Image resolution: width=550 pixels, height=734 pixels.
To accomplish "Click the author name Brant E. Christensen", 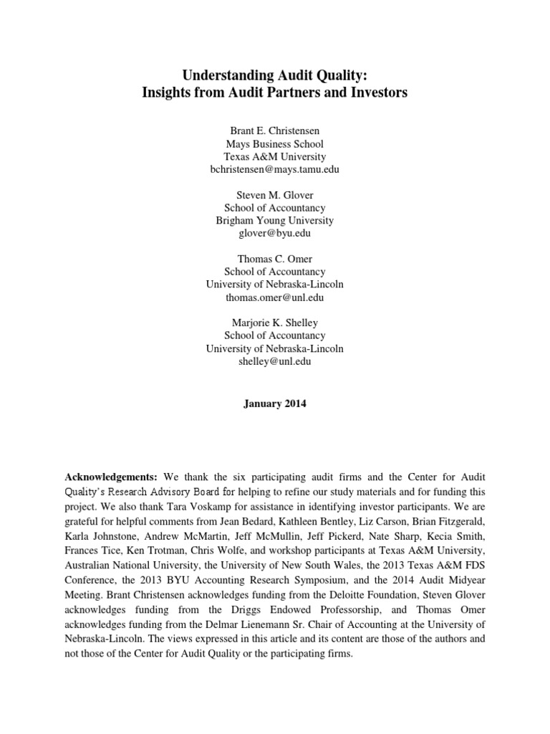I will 274,130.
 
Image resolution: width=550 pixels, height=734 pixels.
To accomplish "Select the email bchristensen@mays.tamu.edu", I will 274,169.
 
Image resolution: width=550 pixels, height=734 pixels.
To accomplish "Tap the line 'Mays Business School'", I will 274,143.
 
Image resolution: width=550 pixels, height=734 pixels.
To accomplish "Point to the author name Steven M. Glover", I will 274,195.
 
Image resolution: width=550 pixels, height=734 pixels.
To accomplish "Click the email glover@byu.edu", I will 274,234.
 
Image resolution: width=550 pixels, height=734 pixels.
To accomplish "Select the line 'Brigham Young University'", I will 274,221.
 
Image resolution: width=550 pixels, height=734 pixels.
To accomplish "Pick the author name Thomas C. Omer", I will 274,259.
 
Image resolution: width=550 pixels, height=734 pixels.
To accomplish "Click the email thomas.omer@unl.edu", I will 274,297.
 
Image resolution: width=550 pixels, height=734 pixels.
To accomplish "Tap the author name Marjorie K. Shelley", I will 274,323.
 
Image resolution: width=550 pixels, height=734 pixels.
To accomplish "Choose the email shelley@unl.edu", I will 274,361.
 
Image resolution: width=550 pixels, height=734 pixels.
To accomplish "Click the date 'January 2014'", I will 274,404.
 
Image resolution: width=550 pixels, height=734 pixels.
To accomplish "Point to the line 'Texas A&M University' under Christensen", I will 274,156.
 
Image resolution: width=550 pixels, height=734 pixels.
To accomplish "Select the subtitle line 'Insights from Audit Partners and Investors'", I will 274,94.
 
